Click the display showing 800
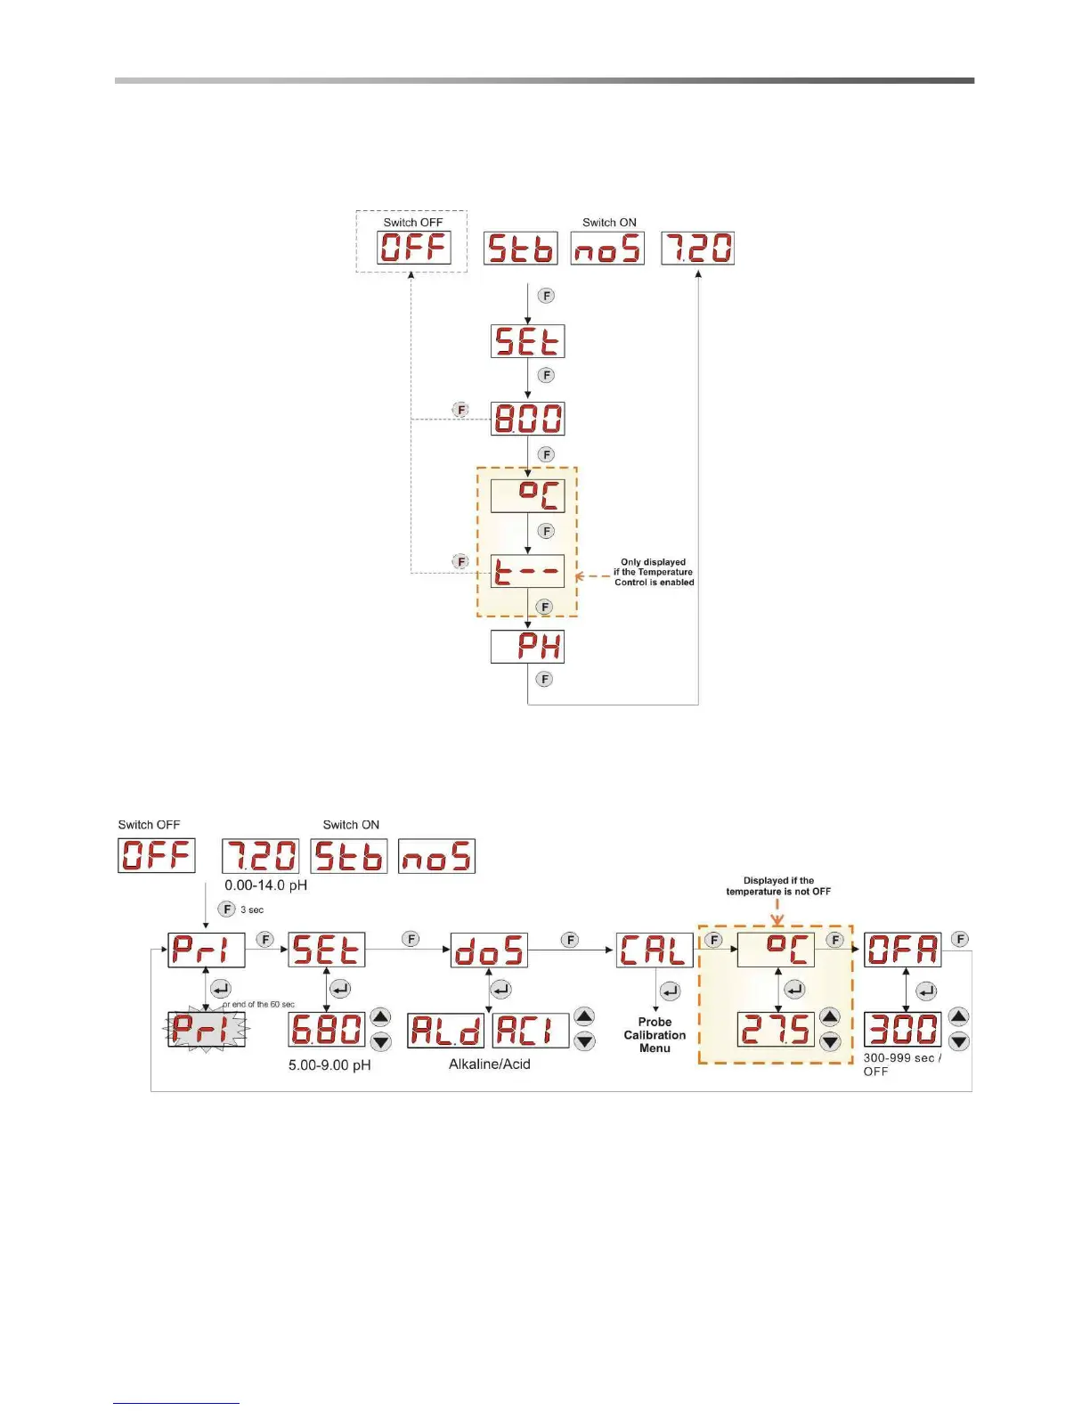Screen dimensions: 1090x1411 click(x=527, y=419)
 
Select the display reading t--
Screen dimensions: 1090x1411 click(x=527, y=571)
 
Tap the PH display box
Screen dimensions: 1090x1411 click(x=527, y=647)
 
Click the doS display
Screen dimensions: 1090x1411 click(x=489, y=950)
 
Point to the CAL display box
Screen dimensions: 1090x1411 click(x=655, y=950)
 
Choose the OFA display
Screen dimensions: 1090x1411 click(x=902, y=950)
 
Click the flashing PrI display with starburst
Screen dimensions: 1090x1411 click(x=206, y=1030)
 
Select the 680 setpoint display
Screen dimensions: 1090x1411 click(x=327, y=1030)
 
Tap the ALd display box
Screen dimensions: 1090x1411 click(x=445, y=1031)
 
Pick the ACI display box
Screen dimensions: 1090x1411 click(x=531, y=1031)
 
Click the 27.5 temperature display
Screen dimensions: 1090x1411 click(x=776, y=1030)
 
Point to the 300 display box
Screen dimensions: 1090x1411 click(x=902, y=1030)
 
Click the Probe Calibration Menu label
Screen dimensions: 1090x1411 click(x=655, y=1035)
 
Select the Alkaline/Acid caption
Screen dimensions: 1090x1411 click(x=489, y=1064)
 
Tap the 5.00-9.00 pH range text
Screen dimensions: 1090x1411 click(x=329, y=1065)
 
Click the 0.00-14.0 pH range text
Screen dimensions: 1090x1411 click(x=265, y=885)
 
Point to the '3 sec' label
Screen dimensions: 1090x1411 click(x=252, y=910)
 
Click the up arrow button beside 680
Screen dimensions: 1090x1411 click(x=380, y=1017)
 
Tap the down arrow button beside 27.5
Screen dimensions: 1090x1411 click(x=830, y=1041)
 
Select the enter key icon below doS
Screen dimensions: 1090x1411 click(x=501, y=990)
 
